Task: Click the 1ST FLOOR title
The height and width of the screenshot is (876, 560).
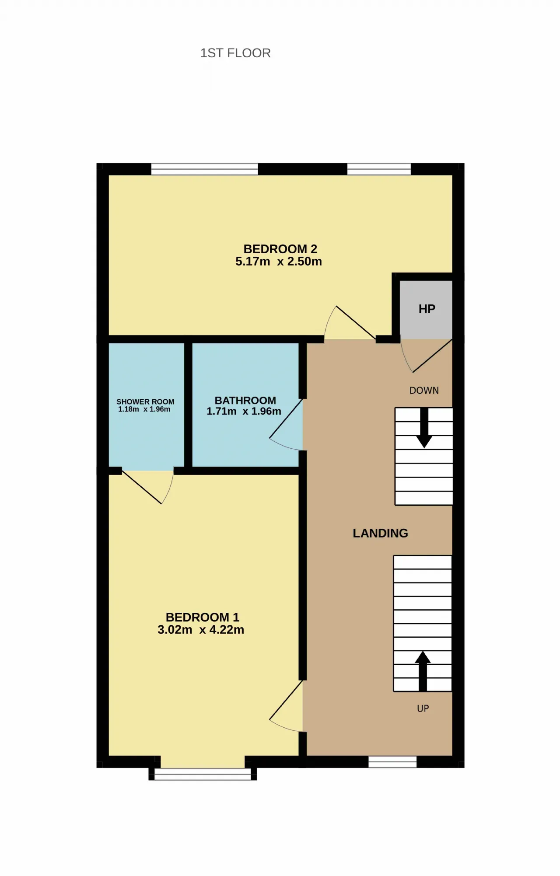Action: coord(235,53)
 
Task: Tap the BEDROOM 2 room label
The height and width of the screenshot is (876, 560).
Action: coord(280,249)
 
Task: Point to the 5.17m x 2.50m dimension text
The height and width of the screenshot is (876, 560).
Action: coord(279,262)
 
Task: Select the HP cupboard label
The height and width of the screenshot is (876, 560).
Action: coord(427,309)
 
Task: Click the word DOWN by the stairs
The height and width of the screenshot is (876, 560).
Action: coord(424,391)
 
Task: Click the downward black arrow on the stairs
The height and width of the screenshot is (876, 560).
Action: coord(424,428)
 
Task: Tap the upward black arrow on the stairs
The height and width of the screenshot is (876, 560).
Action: coord(423,671)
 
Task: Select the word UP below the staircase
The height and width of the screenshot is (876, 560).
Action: coord(423,708)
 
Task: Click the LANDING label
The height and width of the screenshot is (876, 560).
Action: coord(380,533)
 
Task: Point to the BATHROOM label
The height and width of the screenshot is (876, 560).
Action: coord(245,401)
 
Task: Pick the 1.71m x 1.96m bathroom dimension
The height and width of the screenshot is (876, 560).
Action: coord(244,412)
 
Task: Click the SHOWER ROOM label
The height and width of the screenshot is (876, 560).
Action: coord(145,401)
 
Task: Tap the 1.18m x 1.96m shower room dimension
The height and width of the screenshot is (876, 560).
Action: coord(144,409)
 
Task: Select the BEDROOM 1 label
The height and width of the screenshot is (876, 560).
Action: coord(203,617)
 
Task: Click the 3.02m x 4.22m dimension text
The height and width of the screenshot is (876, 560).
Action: coord(201,630)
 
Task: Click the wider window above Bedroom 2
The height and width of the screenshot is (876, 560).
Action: coord(205,169)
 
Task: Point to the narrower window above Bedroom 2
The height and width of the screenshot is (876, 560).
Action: coord(379,169)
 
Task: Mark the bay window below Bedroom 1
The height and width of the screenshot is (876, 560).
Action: coord(203,774)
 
